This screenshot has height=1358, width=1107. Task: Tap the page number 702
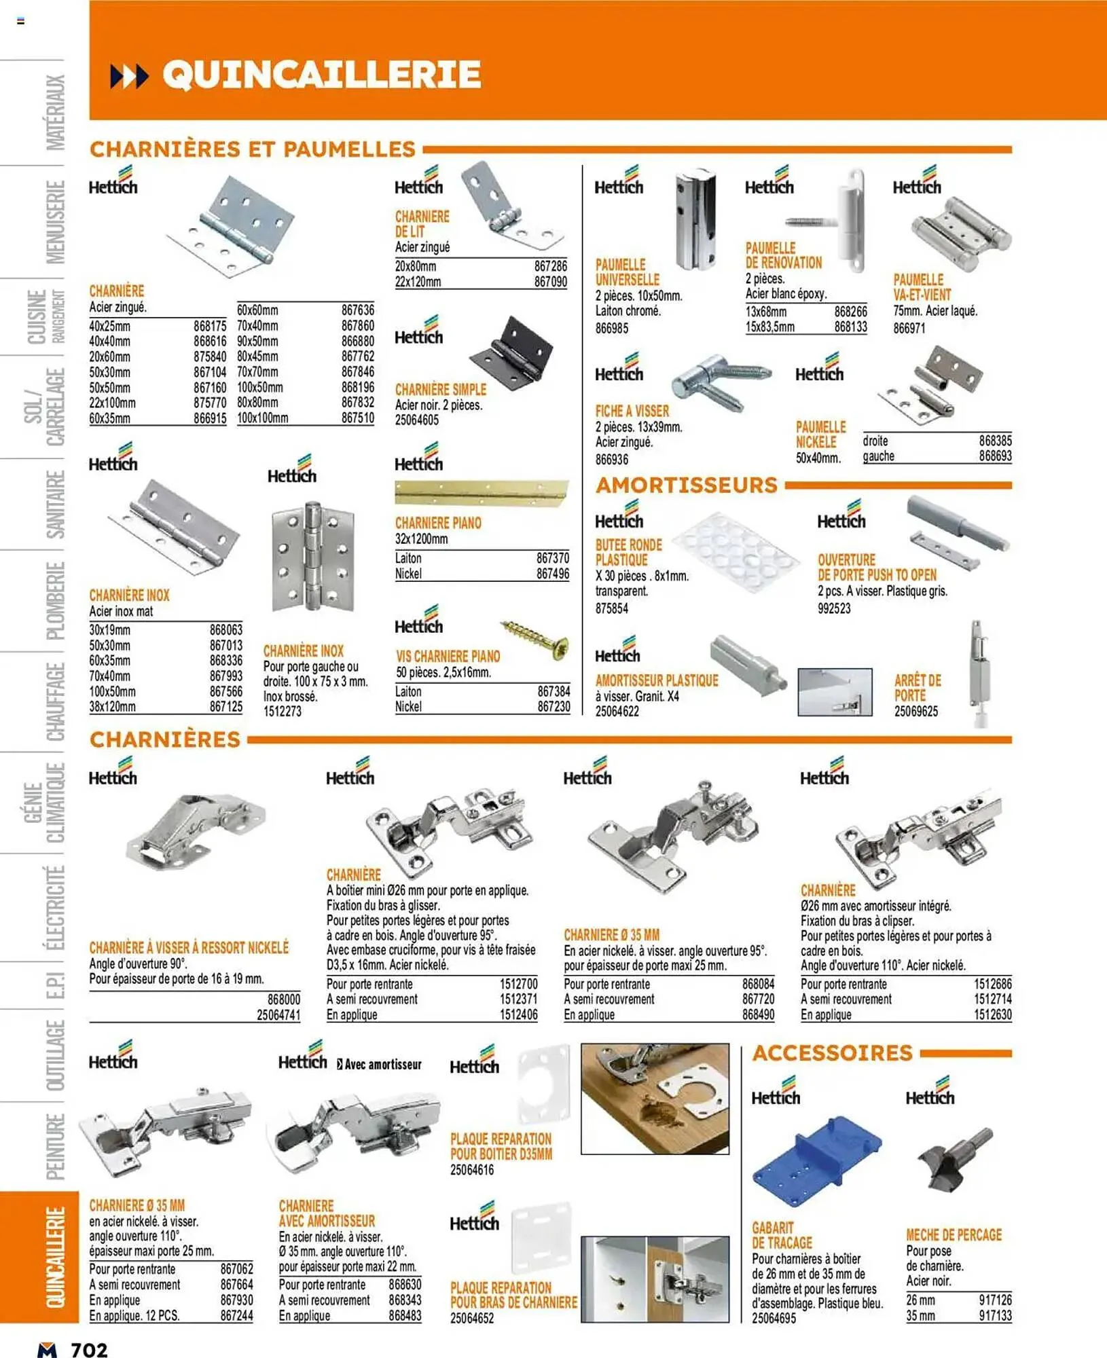click(x=89, y=1349)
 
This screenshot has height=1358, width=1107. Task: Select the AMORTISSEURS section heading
click(x=686, y=485)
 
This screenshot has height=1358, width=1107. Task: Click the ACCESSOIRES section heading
click(x=832, y=1053)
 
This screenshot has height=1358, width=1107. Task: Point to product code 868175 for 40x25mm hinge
click(x=210, y=326)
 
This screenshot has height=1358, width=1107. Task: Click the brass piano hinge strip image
click(x=482, y=493)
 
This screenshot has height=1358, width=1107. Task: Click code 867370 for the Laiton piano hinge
click(x=552, y=558)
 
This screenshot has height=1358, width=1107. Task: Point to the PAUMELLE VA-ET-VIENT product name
click(x=922, y=287)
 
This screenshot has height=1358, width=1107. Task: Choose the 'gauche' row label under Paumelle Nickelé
click(x=878, y=456)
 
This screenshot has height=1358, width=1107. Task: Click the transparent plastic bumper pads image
click(x=738, y=551)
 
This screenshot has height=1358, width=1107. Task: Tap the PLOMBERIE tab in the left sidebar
click(x=56, y=600)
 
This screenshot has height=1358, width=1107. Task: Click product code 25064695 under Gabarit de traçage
click(x=774, y=1319)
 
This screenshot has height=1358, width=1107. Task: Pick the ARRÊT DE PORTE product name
click(x=917, y=687)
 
